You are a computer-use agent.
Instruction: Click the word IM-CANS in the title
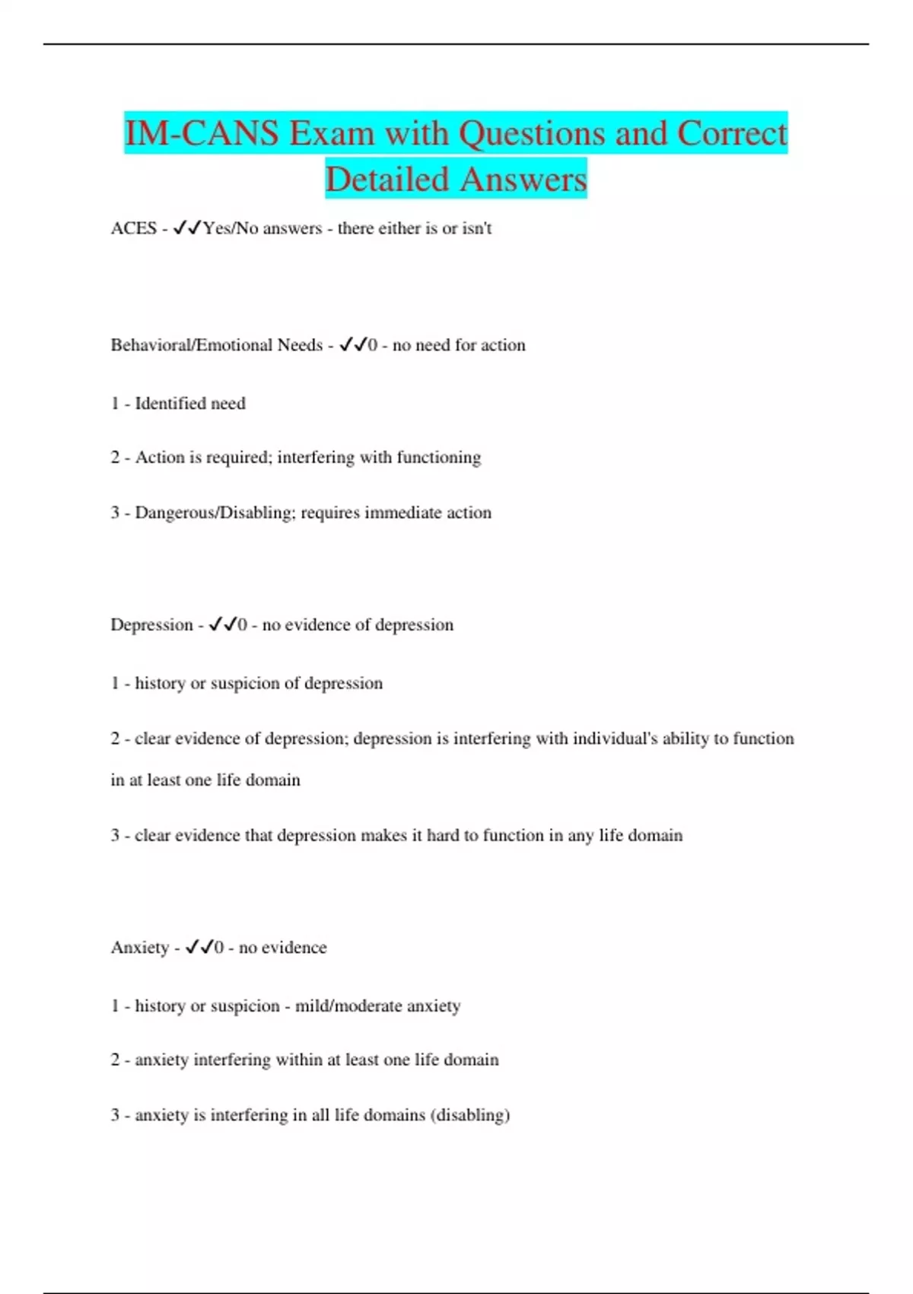202,134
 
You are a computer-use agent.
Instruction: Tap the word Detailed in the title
387,180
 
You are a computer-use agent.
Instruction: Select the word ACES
133,228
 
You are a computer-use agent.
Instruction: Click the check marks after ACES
187,228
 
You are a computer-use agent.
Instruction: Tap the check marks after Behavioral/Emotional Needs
353,345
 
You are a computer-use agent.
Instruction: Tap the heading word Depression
151,625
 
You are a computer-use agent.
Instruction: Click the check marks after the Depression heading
222,625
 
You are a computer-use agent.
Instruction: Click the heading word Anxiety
140,948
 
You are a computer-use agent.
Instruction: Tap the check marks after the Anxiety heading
199,948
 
